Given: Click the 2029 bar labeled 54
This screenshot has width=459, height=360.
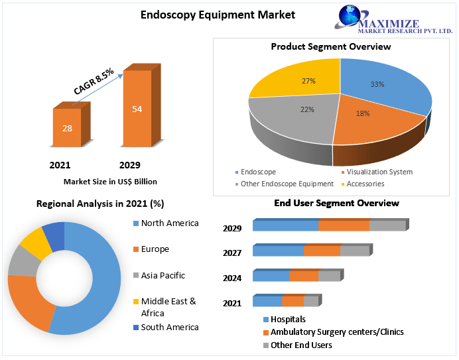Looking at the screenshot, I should coord(137,109).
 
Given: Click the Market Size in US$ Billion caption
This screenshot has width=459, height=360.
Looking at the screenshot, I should coord(110,181).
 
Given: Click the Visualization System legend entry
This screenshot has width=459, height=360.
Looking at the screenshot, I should coord(379,172).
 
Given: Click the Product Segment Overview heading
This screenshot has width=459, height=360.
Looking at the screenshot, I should coord(331,46).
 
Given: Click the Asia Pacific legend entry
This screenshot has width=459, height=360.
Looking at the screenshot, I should coord(163,275).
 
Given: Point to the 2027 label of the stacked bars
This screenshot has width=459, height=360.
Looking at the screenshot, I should coord(232,253).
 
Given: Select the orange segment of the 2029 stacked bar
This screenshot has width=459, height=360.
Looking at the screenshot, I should coord(344,226).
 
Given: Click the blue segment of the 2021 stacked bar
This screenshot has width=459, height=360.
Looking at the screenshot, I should coord(267,302).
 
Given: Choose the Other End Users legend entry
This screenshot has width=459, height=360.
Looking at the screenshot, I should coord(301,345).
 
